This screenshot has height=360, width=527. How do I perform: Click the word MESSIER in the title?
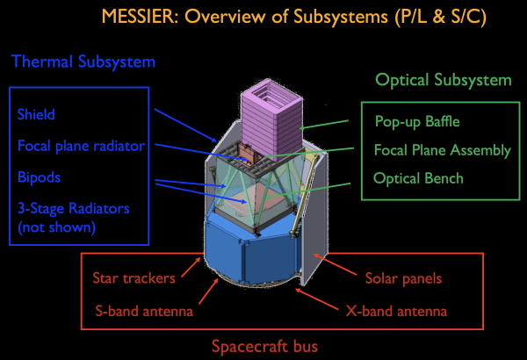coord(140,17)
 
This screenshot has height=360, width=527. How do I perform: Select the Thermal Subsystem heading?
coord(83,61)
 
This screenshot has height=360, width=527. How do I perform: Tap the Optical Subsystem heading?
coord(444,80)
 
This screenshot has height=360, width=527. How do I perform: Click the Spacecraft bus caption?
coord(265,346)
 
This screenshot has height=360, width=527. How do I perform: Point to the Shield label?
coord(36,115)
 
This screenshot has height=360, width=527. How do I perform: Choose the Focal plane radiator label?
coord(81,147)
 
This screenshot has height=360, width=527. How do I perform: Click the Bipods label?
coord(39,177)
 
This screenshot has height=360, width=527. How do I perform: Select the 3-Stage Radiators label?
coord(73,208)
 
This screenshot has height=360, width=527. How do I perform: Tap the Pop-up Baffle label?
coord(417,122)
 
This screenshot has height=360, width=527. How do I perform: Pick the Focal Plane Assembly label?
coord(443,150)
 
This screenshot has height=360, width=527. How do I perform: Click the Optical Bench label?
coord(418,178)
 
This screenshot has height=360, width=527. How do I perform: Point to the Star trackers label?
coord(134,278)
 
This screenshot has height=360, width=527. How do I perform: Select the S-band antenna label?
coord(144,311)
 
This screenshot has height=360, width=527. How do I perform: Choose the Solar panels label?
coord(403,278)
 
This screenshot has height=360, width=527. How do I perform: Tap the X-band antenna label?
coord(396,311)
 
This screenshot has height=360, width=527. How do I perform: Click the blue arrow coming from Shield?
coord(185,125)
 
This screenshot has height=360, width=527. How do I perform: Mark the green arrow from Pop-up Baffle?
coord(323,125)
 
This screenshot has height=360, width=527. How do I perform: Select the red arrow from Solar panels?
coord(335,265)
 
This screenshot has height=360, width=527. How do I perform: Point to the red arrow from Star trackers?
coord(191,267)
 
